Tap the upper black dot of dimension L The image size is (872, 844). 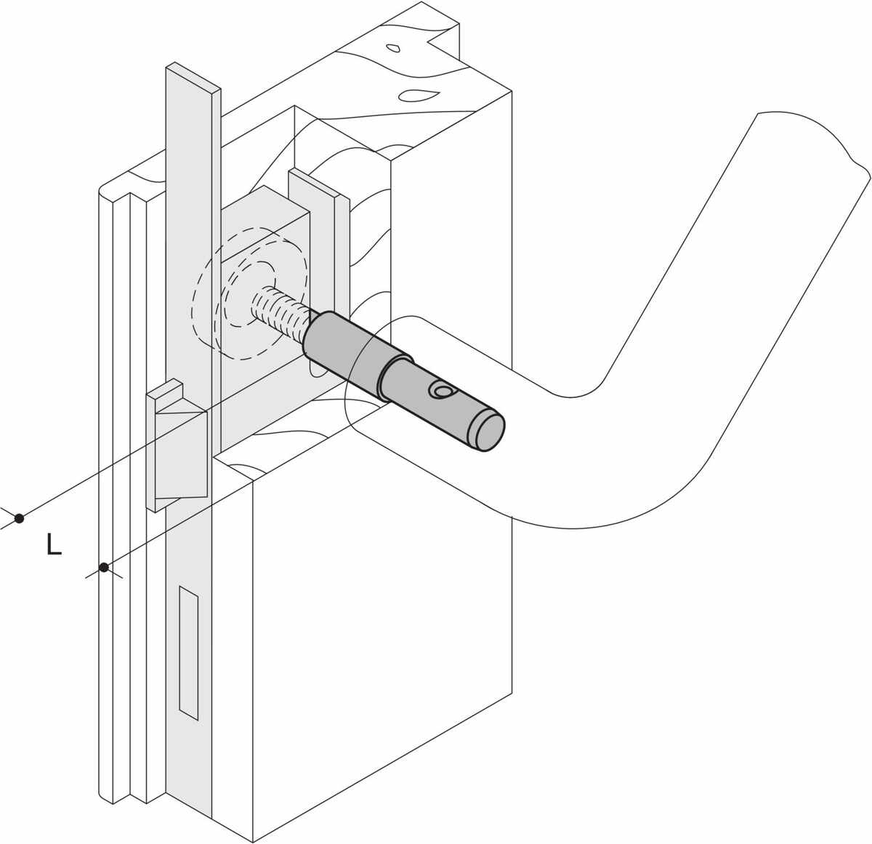(19, 519)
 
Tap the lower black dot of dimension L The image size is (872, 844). (104, 567)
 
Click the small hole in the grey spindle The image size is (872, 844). (441, 390)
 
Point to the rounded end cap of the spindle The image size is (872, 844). (488, 431)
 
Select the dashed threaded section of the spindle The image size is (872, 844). (278, 312)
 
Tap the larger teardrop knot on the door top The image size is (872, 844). (416, 95)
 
